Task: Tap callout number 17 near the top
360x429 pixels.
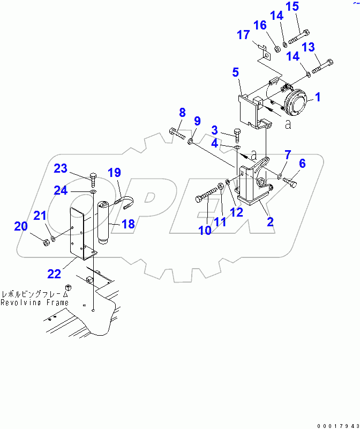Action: (243, 35)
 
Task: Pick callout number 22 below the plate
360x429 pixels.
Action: (54, 273)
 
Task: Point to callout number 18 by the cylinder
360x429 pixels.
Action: (129, 224)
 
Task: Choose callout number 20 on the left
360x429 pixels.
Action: (20, 226)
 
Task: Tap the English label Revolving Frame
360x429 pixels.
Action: (34, 302)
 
